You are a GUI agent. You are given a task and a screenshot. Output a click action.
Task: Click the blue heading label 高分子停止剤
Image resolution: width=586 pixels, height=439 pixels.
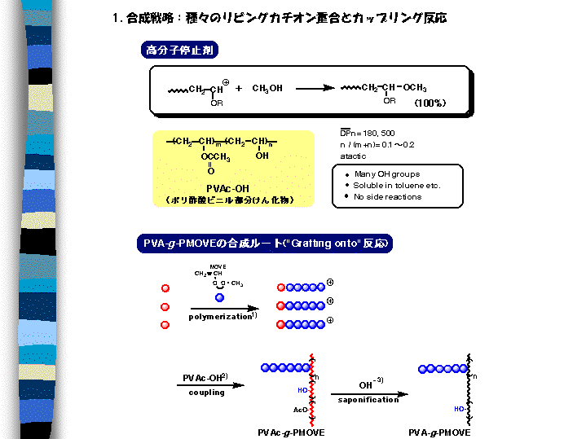point(180,50)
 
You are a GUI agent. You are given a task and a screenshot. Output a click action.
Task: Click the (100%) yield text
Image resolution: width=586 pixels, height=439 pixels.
point(429,103)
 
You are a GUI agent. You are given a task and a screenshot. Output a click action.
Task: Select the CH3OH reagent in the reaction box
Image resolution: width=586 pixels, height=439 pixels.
point(267,88)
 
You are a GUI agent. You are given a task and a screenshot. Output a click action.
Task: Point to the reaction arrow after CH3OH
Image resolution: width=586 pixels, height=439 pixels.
point(314,88)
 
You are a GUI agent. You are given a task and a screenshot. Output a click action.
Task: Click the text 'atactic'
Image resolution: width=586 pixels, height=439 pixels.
point(353,156)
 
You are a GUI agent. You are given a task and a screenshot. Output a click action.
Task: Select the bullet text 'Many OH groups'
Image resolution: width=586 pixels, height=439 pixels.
point(387,174)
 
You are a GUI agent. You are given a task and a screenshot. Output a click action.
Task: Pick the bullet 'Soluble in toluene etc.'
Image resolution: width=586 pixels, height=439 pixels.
point(397,186)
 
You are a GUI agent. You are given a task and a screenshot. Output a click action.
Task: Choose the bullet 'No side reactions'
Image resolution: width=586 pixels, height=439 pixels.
point(388,197)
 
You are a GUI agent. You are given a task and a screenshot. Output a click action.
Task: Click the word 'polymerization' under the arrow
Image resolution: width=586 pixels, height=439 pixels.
point(220,316)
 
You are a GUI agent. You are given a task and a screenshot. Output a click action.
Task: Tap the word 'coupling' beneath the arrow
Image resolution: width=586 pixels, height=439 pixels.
point(207,392)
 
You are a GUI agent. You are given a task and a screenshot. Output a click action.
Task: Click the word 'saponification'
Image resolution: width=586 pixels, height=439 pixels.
point(368,399)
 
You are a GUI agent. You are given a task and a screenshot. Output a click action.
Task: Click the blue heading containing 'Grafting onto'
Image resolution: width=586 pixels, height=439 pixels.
point(264,244)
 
